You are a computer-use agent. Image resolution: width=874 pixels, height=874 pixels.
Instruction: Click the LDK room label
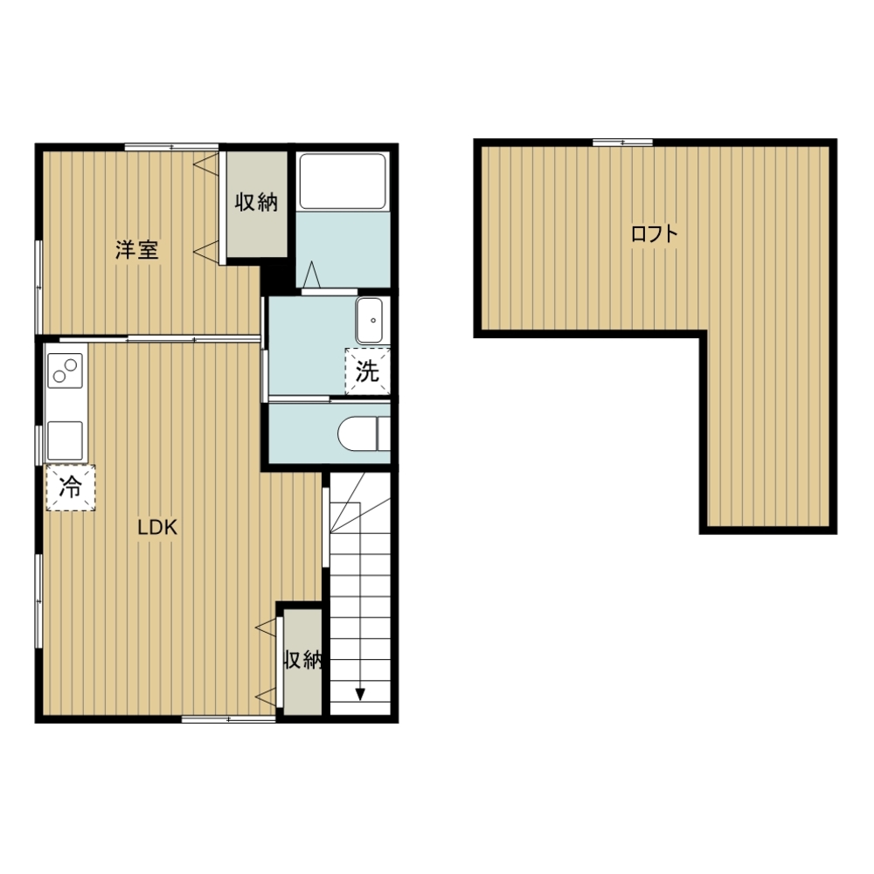(x=157, y=527)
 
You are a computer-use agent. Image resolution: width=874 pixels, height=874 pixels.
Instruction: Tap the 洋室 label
(x=137, y=250)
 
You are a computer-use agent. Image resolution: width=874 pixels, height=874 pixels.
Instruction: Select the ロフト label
(x=655, y=233)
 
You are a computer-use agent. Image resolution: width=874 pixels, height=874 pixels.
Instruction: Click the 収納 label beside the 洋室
(x=256, y=202)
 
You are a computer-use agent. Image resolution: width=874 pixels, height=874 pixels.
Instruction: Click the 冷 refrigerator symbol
(x=70, y=488)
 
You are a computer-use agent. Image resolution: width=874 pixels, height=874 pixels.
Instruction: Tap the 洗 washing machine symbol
(x=367, y=371)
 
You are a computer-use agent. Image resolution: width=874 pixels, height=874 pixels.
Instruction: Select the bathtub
(x=343, y=181)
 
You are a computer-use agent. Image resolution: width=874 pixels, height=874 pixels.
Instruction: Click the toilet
(x=364, y=434)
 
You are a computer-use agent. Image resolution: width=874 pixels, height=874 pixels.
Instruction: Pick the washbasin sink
(x=369, y=321)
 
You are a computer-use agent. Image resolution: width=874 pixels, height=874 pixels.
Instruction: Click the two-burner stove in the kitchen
(x=66, y=371)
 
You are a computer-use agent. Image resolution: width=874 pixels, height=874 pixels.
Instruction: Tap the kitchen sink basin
(x=66, y=440)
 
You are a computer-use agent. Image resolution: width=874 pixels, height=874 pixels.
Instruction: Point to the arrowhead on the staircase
(x=360, y=695)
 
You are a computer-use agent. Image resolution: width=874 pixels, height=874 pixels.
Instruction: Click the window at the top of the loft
(x=622, y=142)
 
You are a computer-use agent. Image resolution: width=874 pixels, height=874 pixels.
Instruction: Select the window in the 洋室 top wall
(x=171, y=147)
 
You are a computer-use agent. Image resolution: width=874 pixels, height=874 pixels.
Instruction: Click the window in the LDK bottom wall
(x=228, y=719)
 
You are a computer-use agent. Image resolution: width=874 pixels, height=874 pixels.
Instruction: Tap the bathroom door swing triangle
(x=311, y=274)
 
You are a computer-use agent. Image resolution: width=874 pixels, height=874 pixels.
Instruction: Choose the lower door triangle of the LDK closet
(x=266, y=697)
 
